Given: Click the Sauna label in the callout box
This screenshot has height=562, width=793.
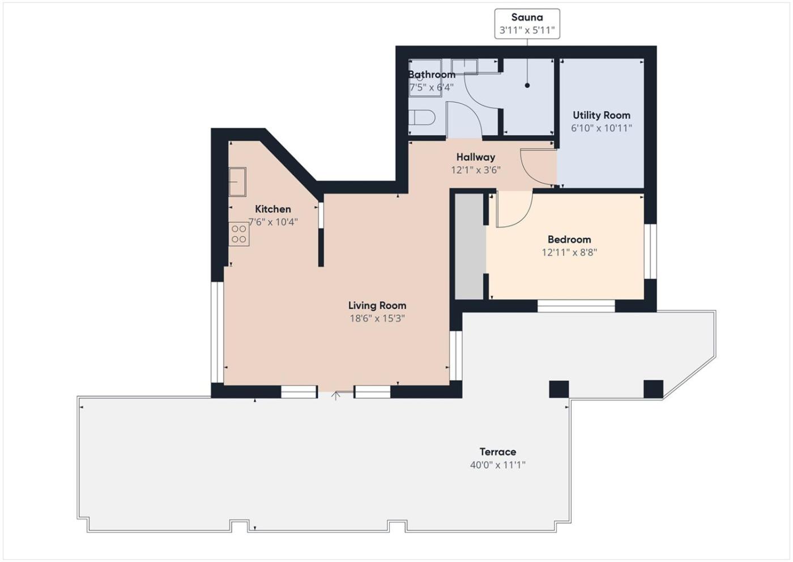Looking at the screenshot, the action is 527,17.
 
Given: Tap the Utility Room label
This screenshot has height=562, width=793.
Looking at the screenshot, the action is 602,115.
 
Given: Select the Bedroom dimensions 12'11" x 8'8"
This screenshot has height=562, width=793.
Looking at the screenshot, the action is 569,252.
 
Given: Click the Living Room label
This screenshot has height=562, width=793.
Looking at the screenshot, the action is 377,306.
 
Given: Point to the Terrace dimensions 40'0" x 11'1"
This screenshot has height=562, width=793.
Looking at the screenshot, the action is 498,464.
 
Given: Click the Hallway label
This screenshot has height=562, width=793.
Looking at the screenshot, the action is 476,157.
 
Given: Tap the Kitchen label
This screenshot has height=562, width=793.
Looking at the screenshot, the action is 273,209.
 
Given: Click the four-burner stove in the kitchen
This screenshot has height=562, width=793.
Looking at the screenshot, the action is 239,234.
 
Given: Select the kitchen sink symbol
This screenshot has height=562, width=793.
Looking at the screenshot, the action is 237,181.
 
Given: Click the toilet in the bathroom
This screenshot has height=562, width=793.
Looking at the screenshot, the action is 421,117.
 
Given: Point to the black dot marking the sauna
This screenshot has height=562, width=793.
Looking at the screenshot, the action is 527,86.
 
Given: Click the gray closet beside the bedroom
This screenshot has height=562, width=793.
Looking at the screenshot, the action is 469,246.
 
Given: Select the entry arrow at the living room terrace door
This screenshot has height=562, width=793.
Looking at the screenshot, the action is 336,396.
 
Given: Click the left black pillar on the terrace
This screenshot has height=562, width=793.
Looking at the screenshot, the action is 559,390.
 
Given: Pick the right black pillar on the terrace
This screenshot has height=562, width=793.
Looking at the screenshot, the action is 653,389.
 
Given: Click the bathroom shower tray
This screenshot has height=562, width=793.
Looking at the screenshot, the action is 425,78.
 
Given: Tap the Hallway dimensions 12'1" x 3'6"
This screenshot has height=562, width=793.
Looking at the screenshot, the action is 476,170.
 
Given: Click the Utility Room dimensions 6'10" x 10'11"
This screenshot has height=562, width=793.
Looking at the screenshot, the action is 602,128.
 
